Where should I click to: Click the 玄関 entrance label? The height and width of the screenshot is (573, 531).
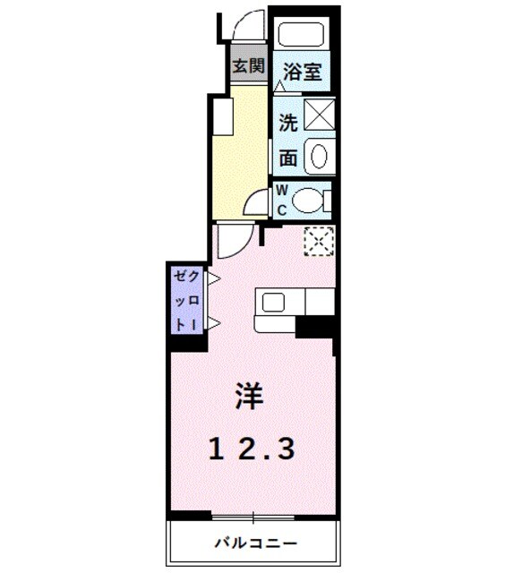[249, 65]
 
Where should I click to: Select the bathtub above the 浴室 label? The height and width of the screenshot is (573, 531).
[304, 36]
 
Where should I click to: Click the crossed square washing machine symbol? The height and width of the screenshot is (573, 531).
[318, 116]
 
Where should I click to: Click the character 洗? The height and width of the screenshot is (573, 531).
[287, 121]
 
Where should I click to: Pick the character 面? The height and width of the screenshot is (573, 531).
[287, 158]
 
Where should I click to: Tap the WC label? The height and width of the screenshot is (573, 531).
[280, 201]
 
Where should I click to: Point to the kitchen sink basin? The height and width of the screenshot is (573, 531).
[271, 302]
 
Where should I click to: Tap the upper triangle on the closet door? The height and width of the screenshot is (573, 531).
[214, 280]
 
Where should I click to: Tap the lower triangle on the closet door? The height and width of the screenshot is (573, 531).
[214, 323]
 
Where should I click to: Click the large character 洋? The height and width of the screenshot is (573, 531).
[250, 396]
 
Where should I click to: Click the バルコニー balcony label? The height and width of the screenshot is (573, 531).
[255, 543]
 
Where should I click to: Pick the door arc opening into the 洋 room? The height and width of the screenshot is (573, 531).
[231, 240]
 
